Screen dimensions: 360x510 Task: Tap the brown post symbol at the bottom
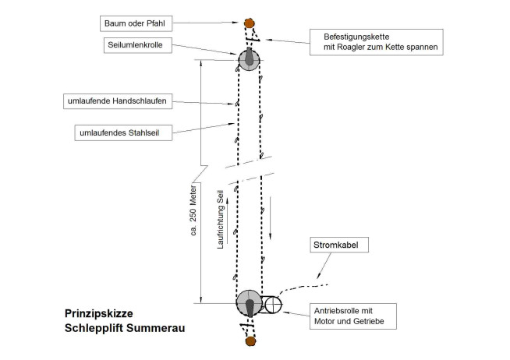pyautogui.click(x=250, y=341)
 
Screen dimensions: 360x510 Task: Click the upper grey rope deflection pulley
pyautogui.click(x=249, y=61)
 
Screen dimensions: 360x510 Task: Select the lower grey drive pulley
pyautogui.click(x=249, y=304)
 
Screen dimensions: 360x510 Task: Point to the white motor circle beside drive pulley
pyautogui.click(x=273, y=305)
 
